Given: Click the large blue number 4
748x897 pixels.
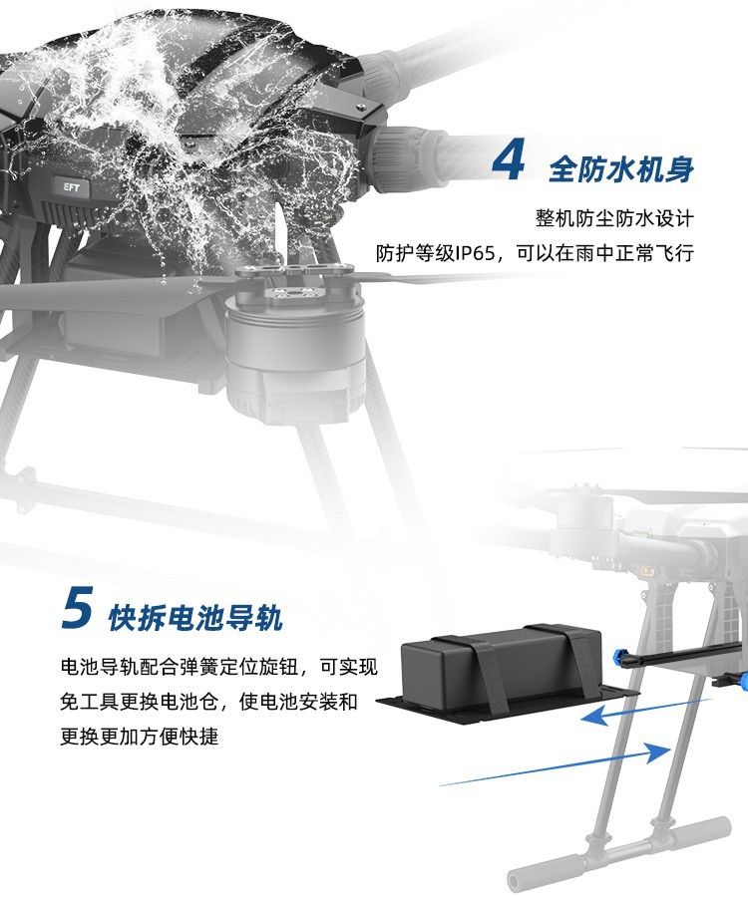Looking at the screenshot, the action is [x=509, y=160].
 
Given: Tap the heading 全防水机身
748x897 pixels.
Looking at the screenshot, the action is [x=621, y=169].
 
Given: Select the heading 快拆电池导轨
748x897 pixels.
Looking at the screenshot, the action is [x=195, y=618].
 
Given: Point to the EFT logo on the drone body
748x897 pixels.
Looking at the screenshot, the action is [x=72, y=187].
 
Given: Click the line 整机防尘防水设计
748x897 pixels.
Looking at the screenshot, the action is [x=614, y=218].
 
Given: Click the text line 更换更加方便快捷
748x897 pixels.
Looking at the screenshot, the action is [x=139, y=736].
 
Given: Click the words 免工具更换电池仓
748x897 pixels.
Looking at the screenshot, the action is [x=139, y=702].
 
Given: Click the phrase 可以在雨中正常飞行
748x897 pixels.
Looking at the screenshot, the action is [x=605, y=253].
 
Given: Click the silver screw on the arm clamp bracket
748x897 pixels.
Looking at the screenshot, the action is [x=360, y=107].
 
